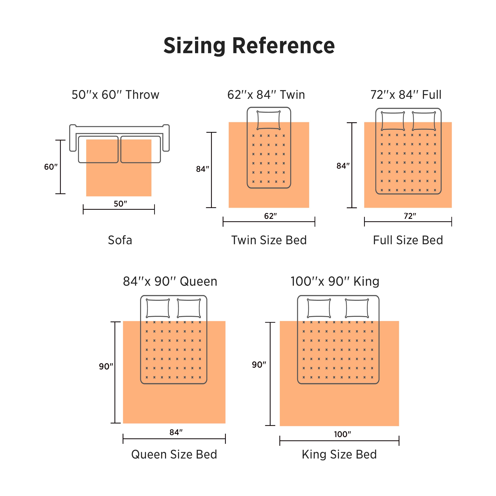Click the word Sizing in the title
click(x=194, y=46)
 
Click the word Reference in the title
click(x=284, y=45)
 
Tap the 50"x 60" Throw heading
click(x=115, y=95)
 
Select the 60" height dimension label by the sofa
click(x=51, y=167)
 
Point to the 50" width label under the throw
click(x=120, y=204)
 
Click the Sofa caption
click(x=120, y=240)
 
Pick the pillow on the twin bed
click(x=269, y=120)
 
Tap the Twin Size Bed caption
click(x=269, y=240)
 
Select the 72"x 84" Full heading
click(x=406, y=95)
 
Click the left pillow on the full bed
click(x=393, y=121)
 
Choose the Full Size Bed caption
click(x=408, y=240)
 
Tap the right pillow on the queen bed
click(x=189, y=308)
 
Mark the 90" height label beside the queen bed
click(x=106, y=366)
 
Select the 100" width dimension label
click(x=342, y=434)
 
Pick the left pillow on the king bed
click(x=319, y=308)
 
